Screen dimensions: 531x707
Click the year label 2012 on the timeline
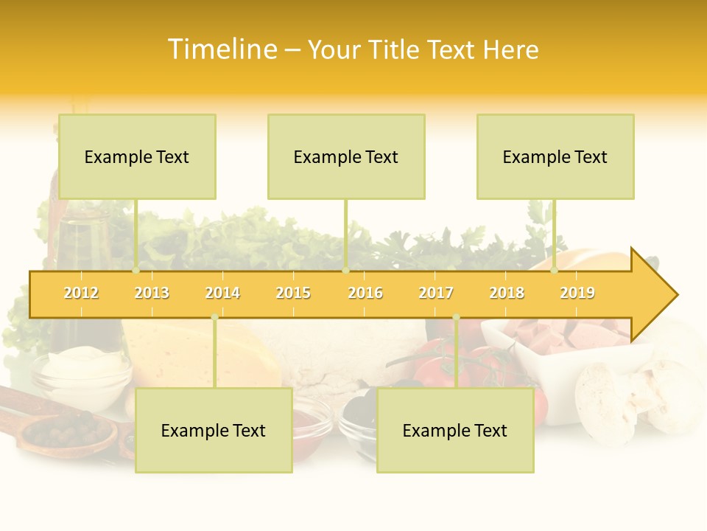click(81, 293)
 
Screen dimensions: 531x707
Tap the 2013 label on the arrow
click(152, 293)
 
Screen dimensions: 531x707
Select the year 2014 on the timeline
click(222, 293)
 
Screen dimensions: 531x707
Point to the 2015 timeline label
click(293, 293)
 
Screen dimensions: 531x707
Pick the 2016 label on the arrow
click(365, 293)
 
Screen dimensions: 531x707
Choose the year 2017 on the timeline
click(436, 293)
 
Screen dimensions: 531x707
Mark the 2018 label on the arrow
click(507, 293)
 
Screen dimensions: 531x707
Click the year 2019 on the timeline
click(577, 293)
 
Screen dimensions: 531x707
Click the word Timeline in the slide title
click(222, 49)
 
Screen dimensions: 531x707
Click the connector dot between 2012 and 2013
click(136, 271)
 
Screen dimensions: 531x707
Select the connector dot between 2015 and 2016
click(345, 271)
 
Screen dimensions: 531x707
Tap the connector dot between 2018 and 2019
click(554, 271)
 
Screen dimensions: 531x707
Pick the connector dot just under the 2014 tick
click(214, 317)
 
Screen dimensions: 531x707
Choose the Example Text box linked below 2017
click(455, 430)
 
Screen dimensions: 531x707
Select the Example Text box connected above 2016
click(346, 156)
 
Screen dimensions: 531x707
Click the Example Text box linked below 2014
click(214, 430)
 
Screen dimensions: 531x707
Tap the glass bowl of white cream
click(81, 376)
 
